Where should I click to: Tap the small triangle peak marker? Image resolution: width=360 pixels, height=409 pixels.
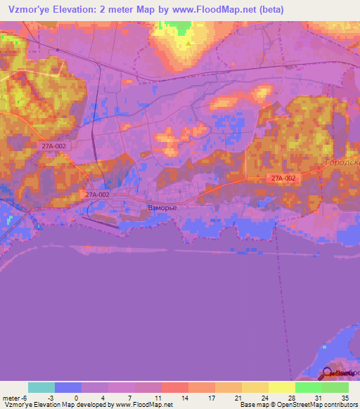[188, 44]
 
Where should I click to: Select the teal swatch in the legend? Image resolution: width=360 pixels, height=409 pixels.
[41, 387]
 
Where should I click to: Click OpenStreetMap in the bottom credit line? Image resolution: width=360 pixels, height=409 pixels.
[315, 404]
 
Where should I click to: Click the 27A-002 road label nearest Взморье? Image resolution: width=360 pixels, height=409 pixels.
[97, 195]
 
